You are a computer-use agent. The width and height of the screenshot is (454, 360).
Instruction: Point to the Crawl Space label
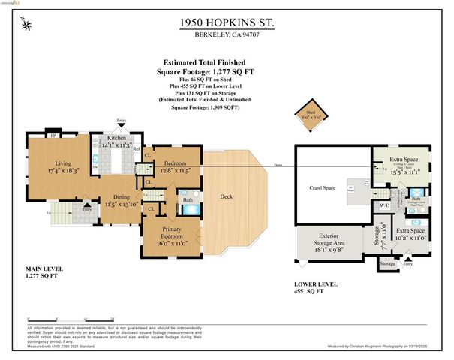321,188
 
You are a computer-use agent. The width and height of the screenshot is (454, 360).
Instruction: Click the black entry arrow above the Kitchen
121,125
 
